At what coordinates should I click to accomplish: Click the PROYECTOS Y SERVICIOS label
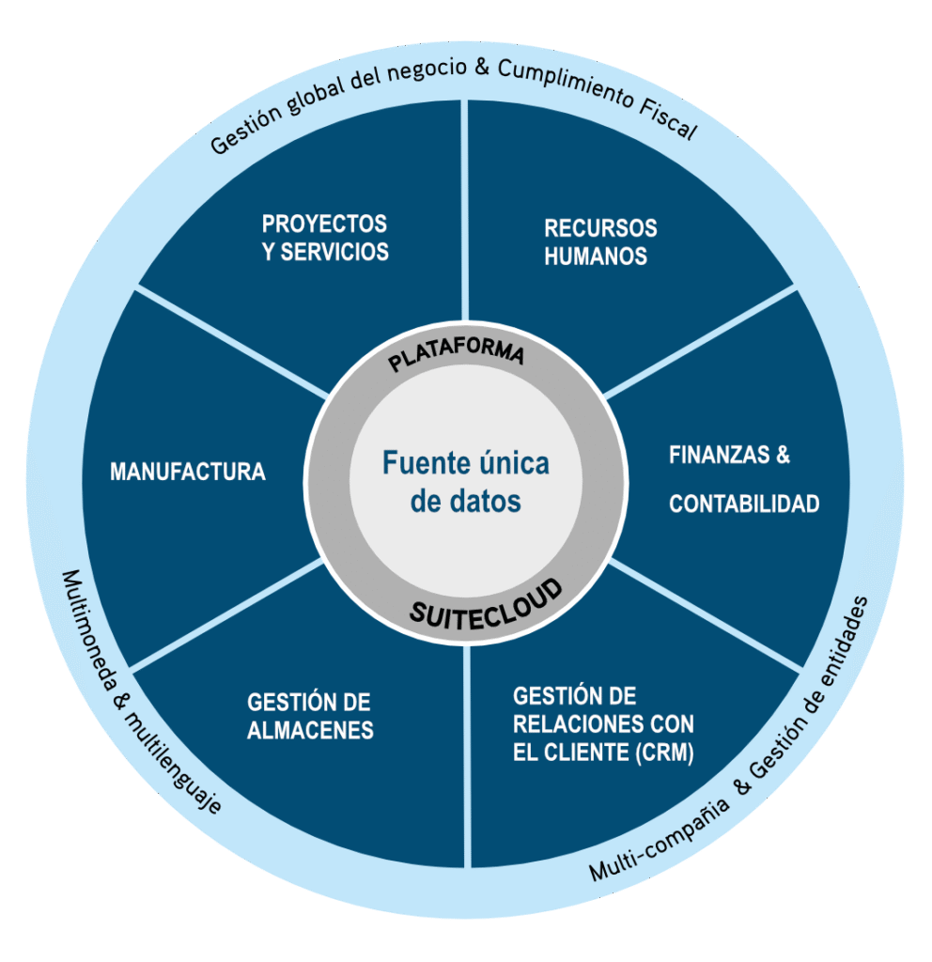(325, 238)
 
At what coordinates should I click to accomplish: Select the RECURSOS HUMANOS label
(599, 241)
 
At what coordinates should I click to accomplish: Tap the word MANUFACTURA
(188, 472)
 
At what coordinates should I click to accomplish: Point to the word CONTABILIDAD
(744, 504)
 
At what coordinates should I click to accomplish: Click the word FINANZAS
(716, 456)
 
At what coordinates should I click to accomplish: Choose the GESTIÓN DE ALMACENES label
(310, 716)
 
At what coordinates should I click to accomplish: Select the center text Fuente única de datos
(466, 482)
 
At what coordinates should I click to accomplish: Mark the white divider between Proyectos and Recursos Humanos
(466, 207)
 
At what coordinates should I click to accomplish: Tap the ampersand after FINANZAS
(779, 456)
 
